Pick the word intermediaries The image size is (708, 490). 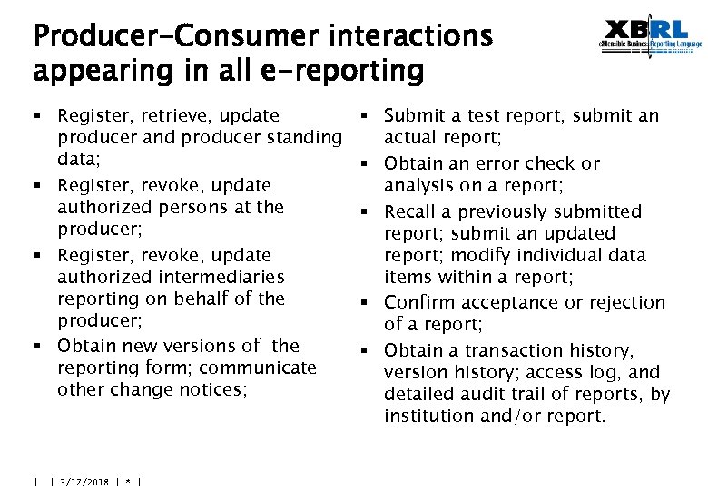pyautogui.click(x=222, y=277)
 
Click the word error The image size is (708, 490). pyautogui.click(x=488, y=164)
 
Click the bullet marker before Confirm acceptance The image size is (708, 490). pyautogui.click(x=363, y=302)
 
